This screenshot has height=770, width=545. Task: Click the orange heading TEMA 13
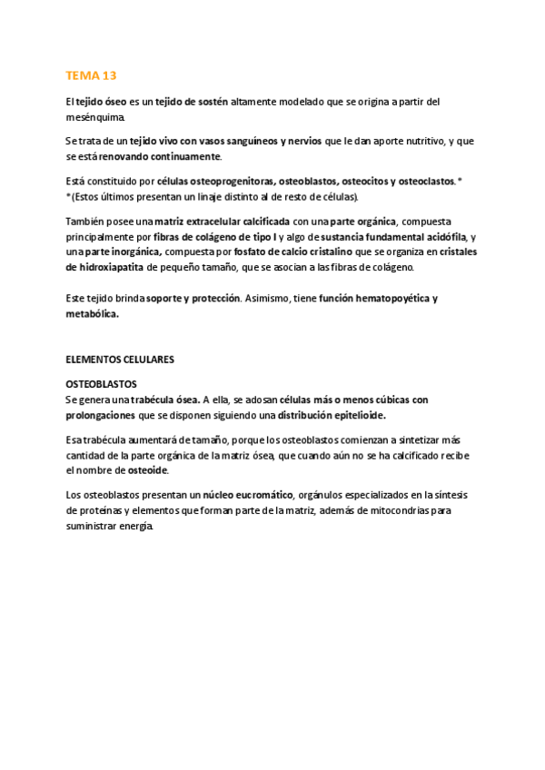point(92,75)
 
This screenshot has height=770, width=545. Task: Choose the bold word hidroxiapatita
point(104,268)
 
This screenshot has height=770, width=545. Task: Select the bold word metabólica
point(93,314)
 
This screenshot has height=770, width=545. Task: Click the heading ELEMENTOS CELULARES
point(120,360)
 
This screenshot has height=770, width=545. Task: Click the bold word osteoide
point(148,470)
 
